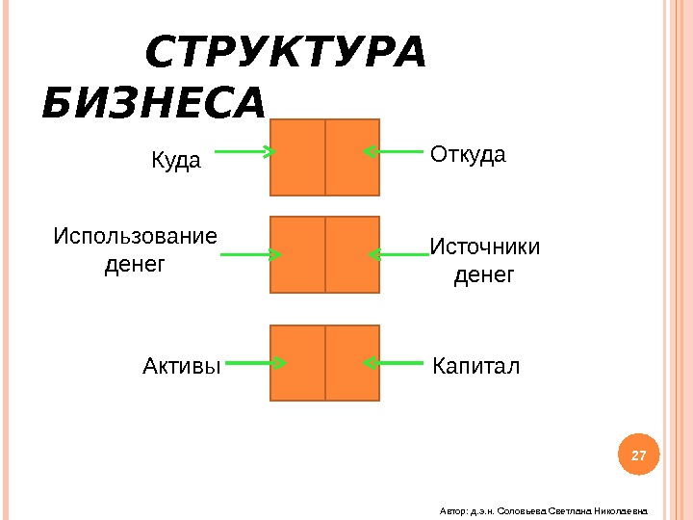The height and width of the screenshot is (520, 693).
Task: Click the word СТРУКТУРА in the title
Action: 284,54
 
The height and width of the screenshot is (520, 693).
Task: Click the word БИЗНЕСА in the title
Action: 154,105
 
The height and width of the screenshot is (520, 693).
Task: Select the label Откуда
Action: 468,154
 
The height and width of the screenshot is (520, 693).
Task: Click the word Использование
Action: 136,236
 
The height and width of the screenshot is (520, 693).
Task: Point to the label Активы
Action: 182,366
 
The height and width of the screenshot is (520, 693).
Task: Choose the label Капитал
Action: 475,366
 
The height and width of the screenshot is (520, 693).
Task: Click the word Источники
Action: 484,247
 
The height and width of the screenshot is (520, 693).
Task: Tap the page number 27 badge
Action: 638,454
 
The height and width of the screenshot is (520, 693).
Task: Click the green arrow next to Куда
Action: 244,151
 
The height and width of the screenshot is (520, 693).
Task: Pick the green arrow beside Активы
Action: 256,363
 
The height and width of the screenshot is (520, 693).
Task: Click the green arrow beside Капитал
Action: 394,363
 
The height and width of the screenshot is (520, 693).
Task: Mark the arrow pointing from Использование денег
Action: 251,255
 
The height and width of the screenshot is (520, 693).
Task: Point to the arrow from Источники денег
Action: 398,255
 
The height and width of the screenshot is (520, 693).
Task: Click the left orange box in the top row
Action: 298,157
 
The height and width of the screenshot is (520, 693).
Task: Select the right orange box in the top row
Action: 353,157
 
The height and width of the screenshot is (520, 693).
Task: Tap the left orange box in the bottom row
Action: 298,363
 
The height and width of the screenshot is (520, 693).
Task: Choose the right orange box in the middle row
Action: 353,255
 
